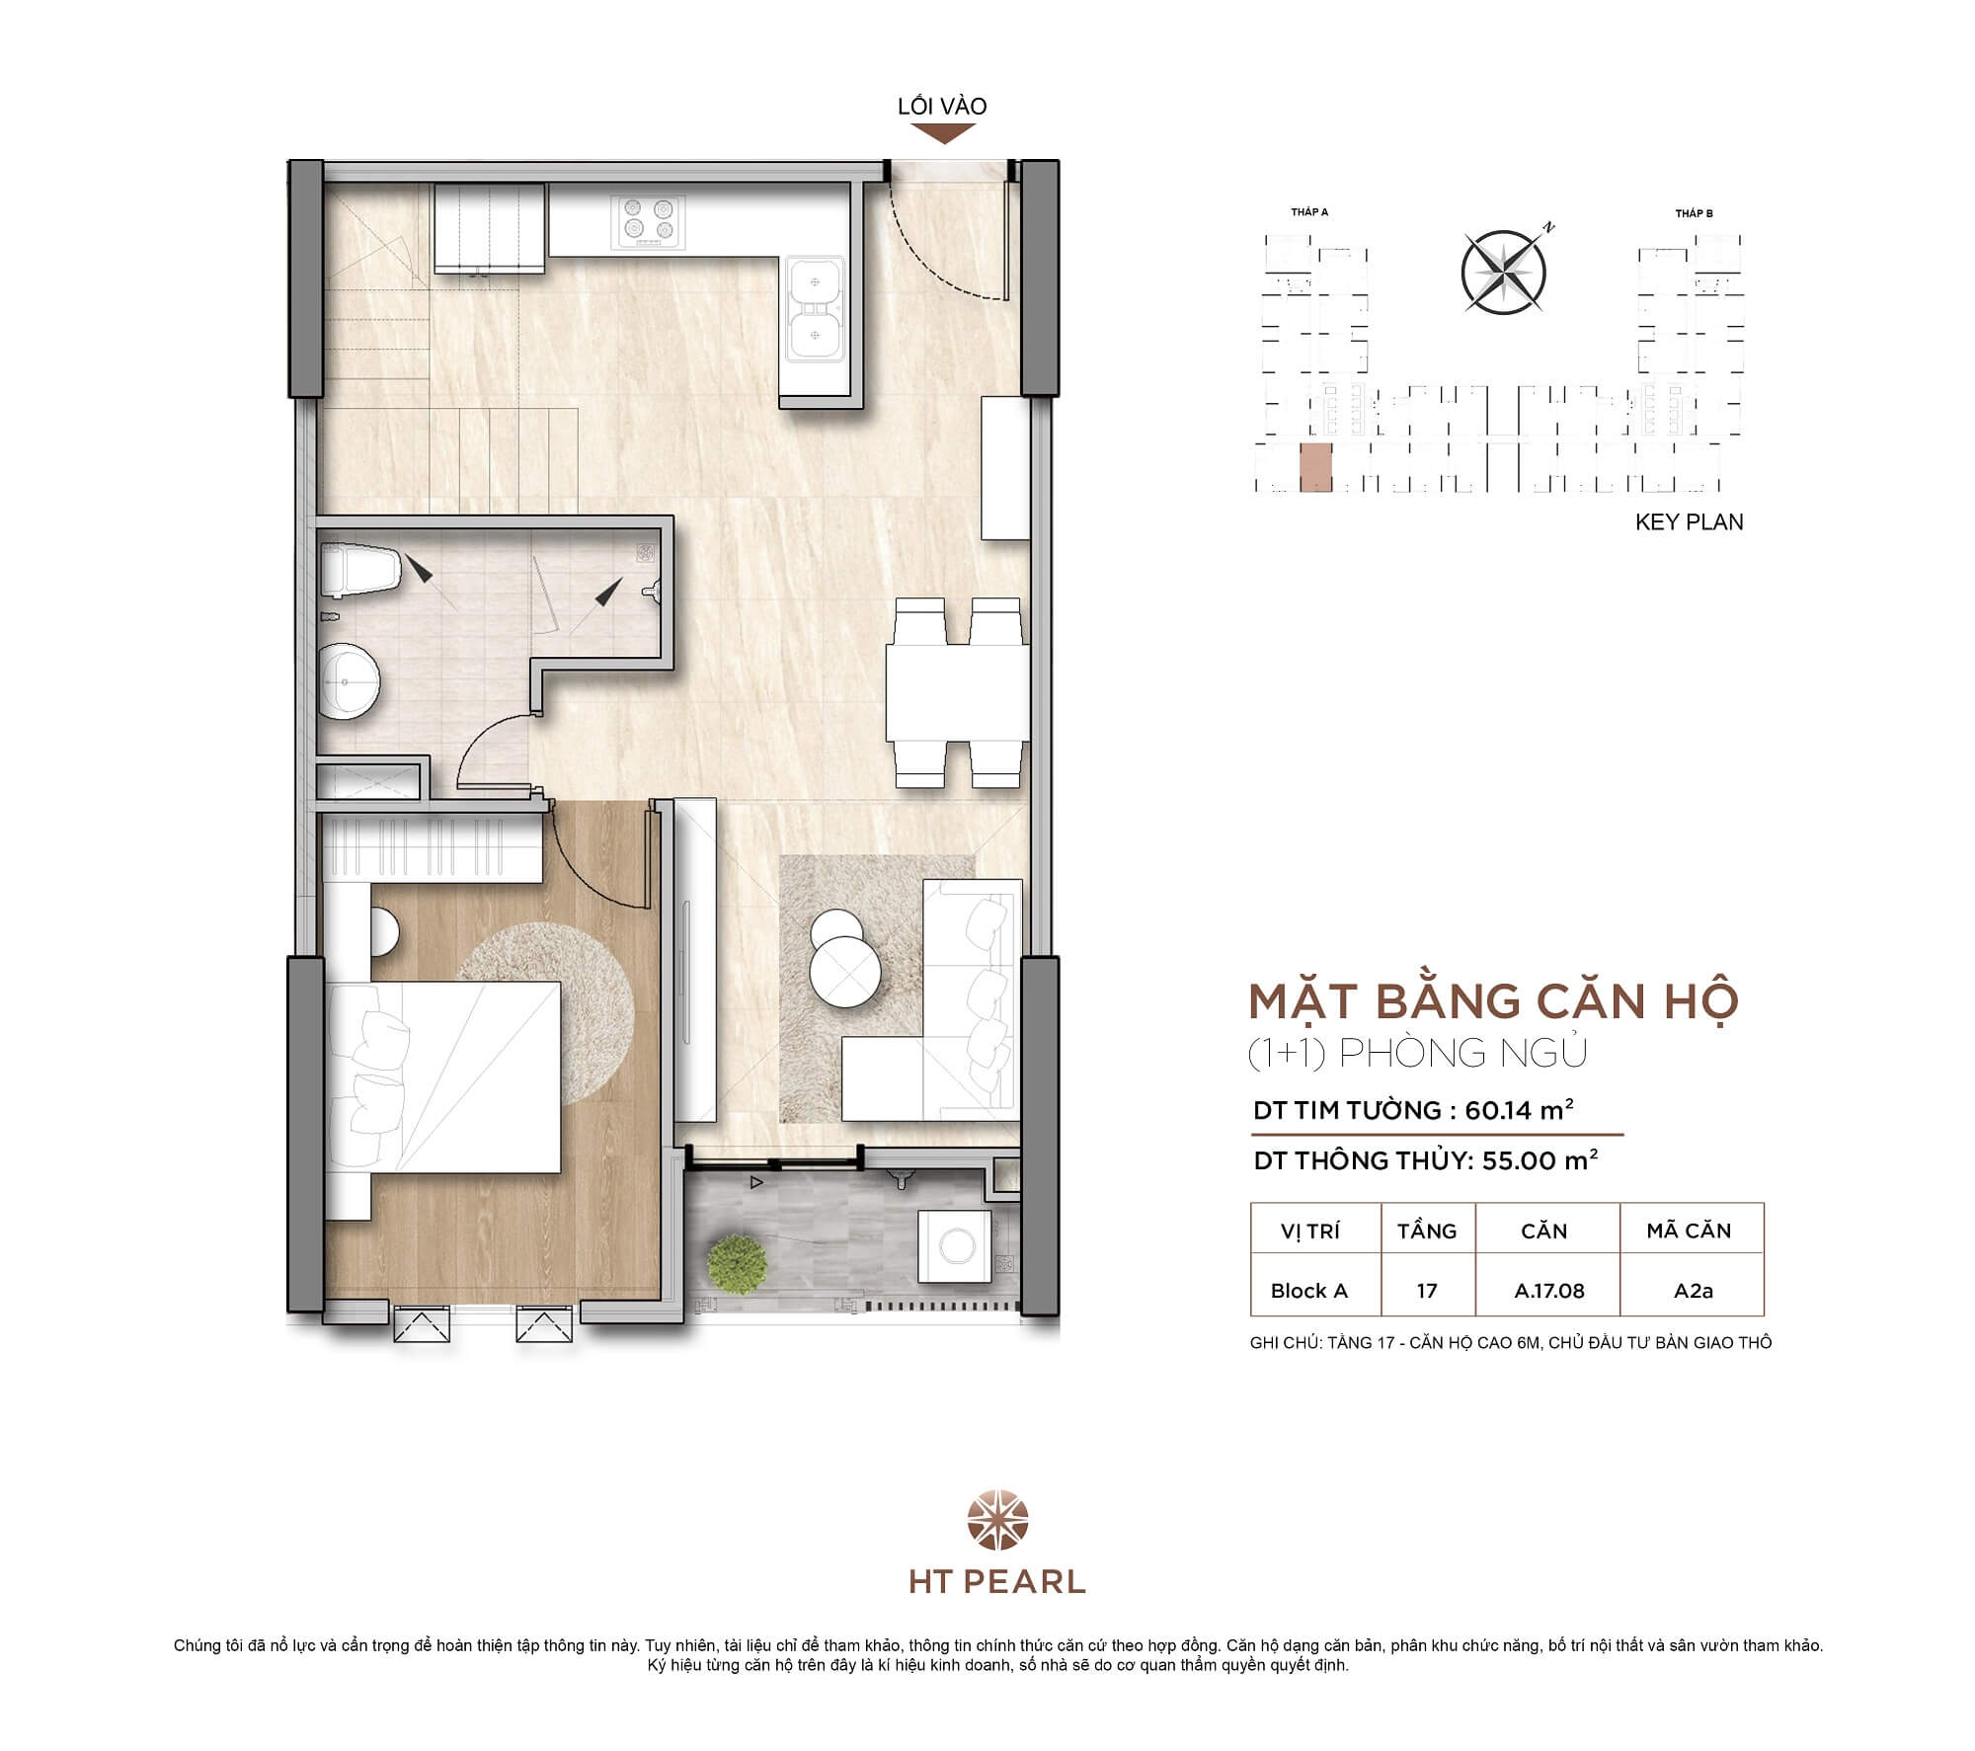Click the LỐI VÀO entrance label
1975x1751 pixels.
[942, 107]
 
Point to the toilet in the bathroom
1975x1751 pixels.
[361, 571]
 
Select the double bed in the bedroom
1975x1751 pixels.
[444, 1076]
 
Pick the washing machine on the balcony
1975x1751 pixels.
[956, 1246]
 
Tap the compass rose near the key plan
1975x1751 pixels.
[1503, 273]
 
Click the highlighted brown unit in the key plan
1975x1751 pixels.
[1315, 467]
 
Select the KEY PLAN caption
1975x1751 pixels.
[1689, 522]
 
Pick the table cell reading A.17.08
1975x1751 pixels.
[1548, 1291]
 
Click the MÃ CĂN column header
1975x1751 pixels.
[1689, 1231]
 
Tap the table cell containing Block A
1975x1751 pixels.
[1308, 1291]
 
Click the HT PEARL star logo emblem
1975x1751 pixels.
[997, 1520]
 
